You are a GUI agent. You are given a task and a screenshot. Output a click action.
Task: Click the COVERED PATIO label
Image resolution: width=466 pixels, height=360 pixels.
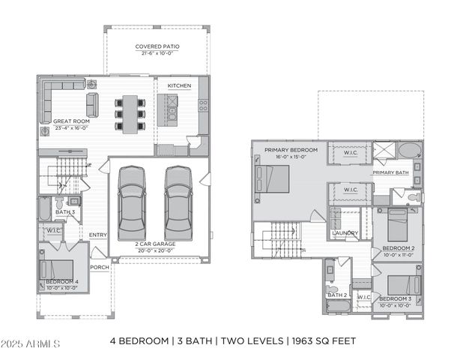(157, 46)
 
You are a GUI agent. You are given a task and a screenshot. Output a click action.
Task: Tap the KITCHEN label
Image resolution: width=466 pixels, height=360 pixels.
(179, 86)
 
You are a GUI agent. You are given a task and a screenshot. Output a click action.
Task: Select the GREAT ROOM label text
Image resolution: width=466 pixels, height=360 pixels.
(71, 121)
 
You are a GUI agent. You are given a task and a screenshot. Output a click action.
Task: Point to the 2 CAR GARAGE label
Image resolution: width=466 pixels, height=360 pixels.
(156, 244)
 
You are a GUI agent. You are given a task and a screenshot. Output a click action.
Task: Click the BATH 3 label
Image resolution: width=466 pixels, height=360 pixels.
(65, 212)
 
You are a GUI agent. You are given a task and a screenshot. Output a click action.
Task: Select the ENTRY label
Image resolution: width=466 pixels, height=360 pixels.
(98, 235)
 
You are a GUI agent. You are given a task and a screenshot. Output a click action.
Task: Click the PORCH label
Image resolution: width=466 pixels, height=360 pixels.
(99, 267)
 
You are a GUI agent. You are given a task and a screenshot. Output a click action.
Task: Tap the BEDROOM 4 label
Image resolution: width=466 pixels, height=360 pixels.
(61, 281)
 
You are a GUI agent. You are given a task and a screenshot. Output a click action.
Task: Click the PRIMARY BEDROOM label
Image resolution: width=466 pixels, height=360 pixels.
(291, 150)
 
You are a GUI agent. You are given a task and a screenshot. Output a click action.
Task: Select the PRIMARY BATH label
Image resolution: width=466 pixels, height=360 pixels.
(390, 172)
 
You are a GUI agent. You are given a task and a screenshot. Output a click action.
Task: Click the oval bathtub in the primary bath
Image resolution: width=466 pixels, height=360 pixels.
(409, 151)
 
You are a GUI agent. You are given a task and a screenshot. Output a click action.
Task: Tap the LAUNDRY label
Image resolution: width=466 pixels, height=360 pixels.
(345, 233)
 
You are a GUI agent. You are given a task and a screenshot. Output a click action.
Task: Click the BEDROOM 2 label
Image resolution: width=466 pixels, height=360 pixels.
(398, 248)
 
